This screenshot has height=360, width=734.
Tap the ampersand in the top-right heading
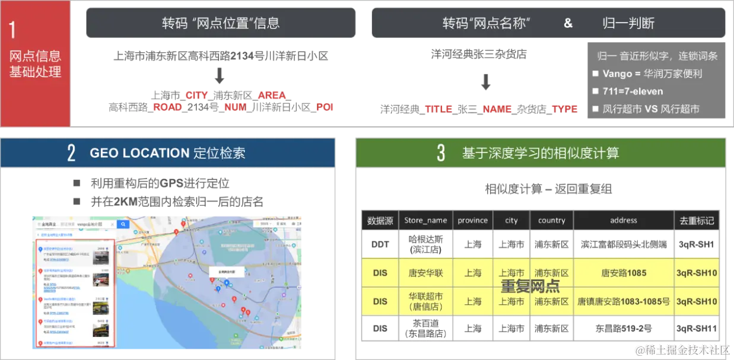coord(568,23)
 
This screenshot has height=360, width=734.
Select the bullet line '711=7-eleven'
coord(633,91)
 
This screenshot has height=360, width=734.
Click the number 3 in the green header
coord(441,153)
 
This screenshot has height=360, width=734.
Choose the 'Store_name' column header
coord(425,220)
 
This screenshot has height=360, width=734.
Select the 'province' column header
coord(472,220)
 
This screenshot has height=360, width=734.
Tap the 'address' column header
coord(623,220)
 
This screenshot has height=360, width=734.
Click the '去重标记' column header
coord(696,220)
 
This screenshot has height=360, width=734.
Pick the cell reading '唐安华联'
coord(425,273)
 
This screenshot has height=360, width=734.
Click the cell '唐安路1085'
coord(623,273)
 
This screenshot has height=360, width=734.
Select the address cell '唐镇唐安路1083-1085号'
coord(623,302)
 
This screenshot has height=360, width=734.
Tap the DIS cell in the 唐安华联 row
coord(380,273)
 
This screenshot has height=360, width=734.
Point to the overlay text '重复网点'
coord(530,287)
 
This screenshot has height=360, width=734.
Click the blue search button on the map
coord(123,225)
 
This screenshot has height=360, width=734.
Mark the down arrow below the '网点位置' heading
coord(220,77)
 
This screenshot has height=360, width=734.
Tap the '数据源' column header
coord(380,220)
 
